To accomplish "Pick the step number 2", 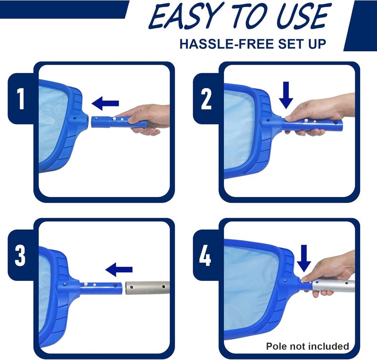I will (x=206, y=99).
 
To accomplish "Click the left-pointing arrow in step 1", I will (x=105, y=102).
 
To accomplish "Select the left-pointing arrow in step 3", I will (x=119, y=270).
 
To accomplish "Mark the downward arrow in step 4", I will (x=304, y=259).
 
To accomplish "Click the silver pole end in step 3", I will (x=148, y=288).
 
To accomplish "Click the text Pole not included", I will (x=307, y=346).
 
